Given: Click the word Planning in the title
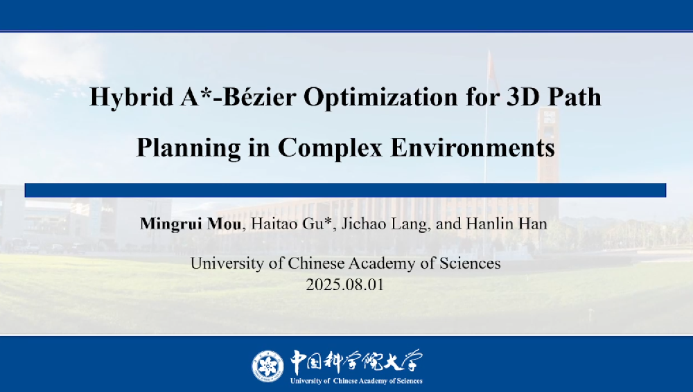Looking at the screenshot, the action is click(188, 148).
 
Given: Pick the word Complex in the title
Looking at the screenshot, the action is click(330, 148).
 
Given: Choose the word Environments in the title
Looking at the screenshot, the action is click(473, 147).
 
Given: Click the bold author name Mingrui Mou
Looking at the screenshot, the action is click(191, 224).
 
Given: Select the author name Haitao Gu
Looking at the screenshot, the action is click(288, 224).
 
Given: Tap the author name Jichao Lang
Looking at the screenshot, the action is click(382, 224).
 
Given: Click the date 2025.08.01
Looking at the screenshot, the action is click(344, 284).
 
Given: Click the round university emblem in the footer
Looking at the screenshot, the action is click(267, 366).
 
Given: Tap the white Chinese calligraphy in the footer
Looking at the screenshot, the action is click(356, 362).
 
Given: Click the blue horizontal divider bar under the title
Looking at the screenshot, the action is click(345, 190).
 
